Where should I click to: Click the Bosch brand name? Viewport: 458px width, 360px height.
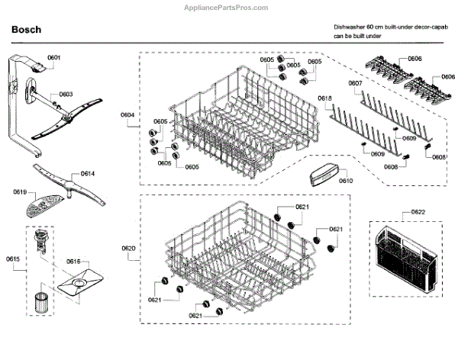click(x=26, y=30)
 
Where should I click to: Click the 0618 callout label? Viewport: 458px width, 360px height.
click(x=324, y=98)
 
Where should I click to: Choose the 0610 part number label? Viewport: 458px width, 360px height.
click(x=346, y=181)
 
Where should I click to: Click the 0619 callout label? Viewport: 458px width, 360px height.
click(x=20, y=191)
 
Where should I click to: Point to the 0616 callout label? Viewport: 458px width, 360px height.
click(x=73, y=261)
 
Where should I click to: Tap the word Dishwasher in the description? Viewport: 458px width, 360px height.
click(x=352, y=27)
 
